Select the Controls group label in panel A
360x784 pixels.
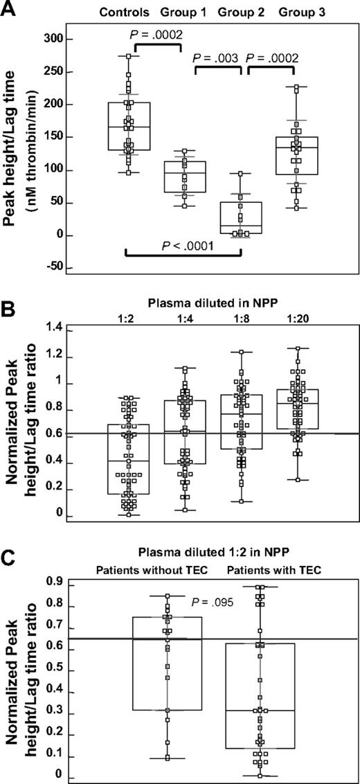pyautogui.click(x=124, y=12)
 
